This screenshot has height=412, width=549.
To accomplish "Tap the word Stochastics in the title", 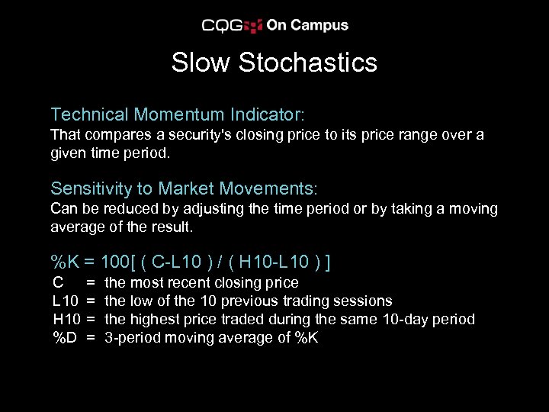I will point(308,63).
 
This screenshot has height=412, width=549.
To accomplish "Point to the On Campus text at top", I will point(307,25).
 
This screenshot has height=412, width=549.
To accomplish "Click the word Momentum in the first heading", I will point(176,115).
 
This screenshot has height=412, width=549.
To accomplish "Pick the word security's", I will point(208,135).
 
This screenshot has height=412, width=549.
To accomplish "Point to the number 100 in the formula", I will point(115,263).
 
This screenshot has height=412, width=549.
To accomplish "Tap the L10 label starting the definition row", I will point(65,301).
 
